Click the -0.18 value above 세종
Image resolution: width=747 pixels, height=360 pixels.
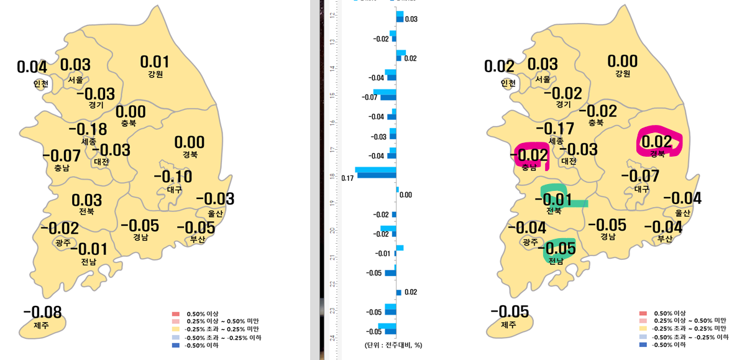[88, 129]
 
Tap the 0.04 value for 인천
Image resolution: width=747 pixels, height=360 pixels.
[32, 67]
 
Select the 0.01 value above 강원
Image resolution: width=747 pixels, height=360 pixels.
[154, 62]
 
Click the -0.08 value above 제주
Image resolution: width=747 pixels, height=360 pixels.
[42, 312]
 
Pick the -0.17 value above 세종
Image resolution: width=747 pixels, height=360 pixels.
[555, 129]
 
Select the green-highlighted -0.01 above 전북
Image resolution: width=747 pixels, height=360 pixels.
[553, 200]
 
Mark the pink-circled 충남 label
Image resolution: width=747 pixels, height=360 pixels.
[529, 167]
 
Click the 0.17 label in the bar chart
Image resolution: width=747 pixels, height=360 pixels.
[347, 178]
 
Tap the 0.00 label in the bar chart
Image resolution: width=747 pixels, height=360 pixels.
[406, 195]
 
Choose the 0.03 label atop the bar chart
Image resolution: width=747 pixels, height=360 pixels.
[411, 19]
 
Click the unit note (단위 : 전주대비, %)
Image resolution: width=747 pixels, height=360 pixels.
[393, 344]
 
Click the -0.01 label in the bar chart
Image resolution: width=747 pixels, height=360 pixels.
[383, 254]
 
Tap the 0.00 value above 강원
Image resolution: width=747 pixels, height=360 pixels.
[622, 61]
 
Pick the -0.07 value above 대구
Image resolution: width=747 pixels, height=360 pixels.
[640, 177]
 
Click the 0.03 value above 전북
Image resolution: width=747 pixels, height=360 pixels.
[86, 200]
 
